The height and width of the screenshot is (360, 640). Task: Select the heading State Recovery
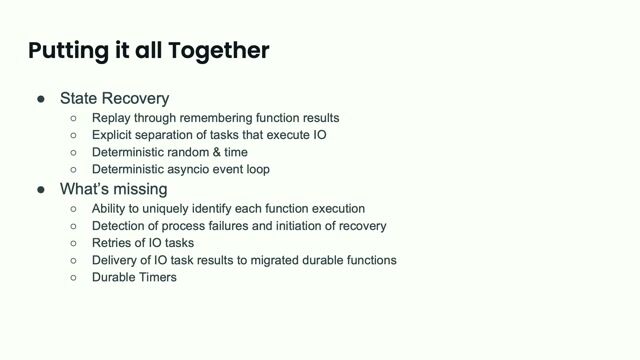(114, 98)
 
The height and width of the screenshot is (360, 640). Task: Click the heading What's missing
(114, 188)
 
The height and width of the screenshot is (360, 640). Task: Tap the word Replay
(112, 117)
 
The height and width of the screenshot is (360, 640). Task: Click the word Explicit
(115, 134)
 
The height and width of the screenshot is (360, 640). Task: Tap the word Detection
(120, 225)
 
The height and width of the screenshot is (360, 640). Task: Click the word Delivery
(116, 259)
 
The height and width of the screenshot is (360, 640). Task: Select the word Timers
(158, 277)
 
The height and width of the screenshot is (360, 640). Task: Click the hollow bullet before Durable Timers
(73, 277)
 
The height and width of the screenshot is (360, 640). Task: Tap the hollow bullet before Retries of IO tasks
(73, 243)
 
